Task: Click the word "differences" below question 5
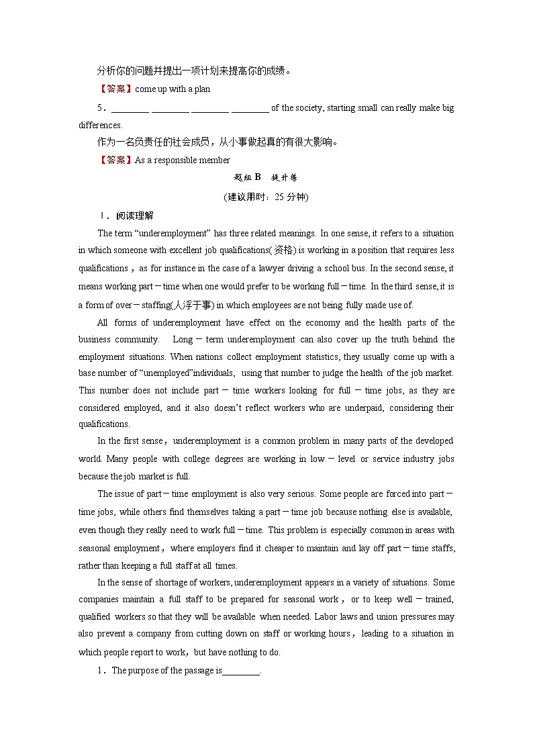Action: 100,126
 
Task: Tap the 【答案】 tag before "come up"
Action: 115,89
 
